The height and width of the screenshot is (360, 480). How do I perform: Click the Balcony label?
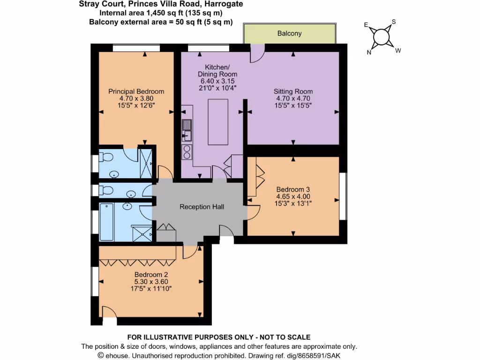(x=289, y=34)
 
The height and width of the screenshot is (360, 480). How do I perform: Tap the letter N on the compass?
(x=369, y=52)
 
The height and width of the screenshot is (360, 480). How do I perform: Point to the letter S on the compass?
(x=394, y=22)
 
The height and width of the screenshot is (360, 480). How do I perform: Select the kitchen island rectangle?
(x=218, y=122)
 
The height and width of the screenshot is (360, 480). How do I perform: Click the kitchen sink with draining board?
(x=187, y=130)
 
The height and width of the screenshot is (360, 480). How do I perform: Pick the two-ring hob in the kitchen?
(x=187, y=152)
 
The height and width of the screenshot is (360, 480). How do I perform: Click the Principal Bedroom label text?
(x=136, y=91)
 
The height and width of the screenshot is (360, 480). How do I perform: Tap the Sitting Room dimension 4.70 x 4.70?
(x=293, y=98)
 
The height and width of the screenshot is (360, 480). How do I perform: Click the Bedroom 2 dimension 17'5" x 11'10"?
(x=151, y=289)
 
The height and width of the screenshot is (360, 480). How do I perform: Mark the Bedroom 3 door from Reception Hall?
(x=253, y=211)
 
